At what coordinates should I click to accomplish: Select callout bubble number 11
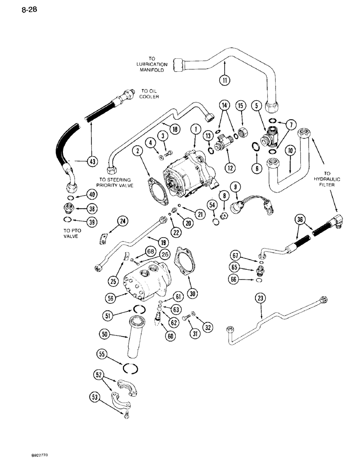226,80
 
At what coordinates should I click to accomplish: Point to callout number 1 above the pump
195,128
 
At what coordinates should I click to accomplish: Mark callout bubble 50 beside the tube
104,334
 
